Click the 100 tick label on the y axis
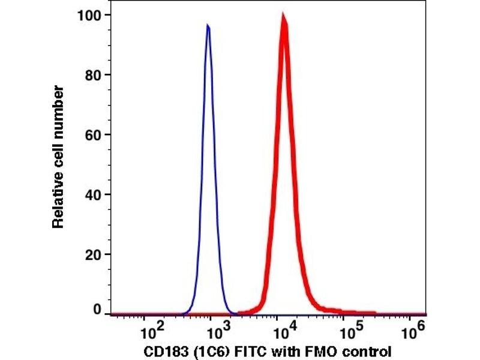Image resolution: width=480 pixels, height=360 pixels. [x=89, y=14]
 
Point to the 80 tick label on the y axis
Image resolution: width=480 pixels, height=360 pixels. [x=92, y=75]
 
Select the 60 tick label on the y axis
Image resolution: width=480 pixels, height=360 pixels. [x=92, y=134]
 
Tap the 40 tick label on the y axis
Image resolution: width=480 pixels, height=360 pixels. [x=92, y=194]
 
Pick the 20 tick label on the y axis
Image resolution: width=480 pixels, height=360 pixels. [x=92, y=254]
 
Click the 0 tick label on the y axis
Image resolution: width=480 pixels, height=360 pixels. [x=95, y=310]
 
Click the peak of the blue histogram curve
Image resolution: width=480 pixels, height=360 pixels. [x=208, y=26]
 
